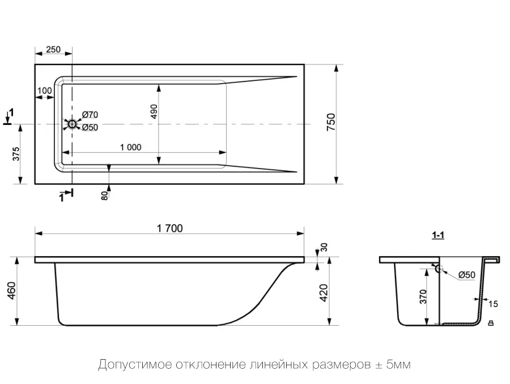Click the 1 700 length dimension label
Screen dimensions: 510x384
(x=170, y=228)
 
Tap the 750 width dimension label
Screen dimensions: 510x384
(x=331, y=122)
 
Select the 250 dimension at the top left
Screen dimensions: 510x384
(x=53, y=49)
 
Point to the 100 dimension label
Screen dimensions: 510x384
(x=45, y=90)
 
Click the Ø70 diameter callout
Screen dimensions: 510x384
(x=90, y=115)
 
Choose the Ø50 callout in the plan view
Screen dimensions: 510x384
(x=90, y=127)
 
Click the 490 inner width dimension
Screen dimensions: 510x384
(x=154, y=111)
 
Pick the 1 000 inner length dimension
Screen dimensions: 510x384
(x=131, y=148)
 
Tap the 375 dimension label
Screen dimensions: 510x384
(x=16, y=154)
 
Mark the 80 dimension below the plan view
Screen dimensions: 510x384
(x=104, y=196)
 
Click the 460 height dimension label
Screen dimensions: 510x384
(x=11, y=291)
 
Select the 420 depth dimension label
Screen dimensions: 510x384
(x=324, y=293)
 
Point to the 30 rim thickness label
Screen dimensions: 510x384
(x=324, y=247)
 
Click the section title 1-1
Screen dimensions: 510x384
(x=438, y=235)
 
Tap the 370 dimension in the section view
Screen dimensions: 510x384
(x=423, y=297)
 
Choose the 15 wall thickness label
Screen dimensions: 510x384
(x=493, y=304)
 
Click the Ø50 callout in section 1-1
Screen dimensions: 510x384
(x=467, y=275)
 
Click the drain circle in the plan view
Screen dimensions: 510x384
(x=72, y=124)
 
